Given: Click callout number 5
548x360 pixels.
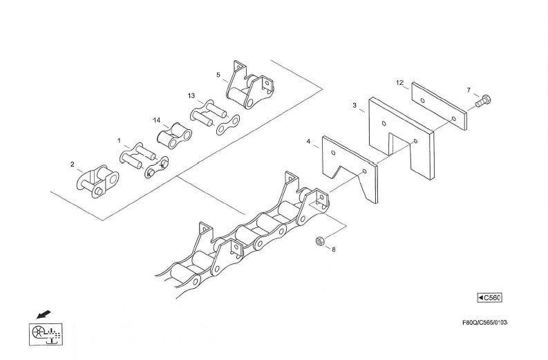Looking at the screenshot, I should [218, 74].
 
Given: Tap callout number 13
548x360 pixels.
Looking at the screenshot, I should [191, 95].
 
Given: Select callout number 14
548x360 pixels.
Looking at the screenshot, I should [157, 120].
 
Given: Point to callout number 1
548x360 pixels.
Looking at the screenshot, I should [119, 140].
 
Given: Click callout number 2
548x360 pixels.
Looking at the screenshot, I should [72, 164].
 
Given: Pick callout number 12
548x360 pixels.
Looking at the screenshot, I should [399, 82].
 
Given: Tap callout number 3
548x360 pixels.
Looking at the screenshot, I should [355, 106].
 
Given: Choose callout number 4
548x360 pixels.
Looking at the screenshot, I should [308, 141].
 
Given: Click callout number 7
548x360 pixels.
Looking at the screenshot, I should [469, 90].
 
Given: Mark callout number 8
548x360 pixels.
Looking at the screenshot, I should [334, 249].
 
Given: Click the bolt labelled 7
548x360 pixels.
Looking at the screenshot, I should [484, 101].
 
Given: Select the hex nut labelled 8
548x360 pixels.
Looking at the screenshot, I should [319, 241].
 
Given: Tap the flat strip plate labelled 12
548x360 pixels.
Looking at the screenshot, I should [440, 107].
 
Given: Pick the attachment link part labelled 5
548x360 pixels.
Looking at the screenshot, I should [251, 88].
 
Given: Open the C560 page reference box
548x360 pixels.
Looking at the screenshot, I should [490, 298].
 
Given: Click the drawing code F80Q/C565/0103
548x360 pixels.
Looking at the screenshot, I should [485, 323].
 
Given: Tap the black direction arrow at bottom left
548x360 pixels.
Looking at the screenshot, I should [44, 314].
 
